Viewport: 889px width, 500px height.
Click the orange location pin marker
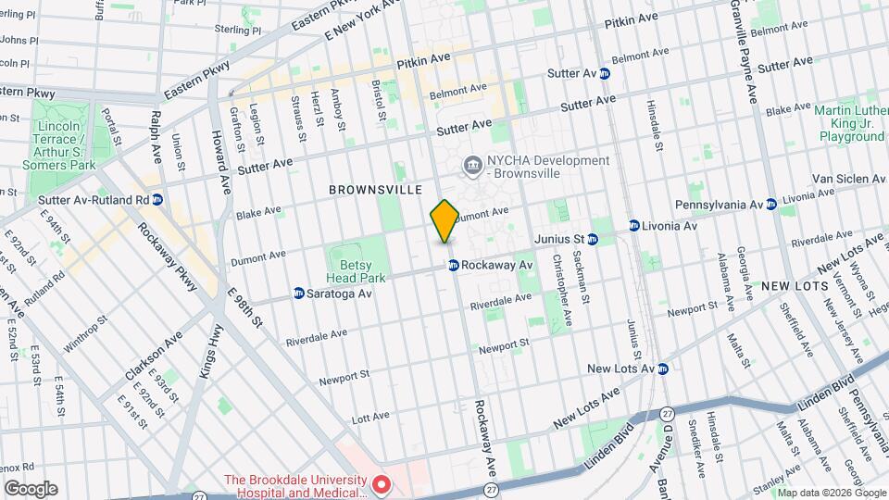click(x=444, y=220)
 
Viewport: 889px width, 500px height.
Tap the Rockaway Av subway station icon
click(x=454, y=265)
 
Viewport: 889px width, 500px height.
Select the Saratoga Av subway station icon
click(x=299, y=294)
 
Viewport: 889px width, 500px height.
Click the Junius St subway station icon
click(x=593, y=239)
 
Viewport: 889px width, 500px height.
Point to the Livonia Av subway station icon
click(x=634, y=225)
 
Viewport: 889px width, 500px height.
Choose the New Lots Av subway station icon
click(x=663, y=369)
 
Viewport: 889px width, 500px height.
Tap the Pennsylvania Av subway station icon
click(x=770, y=204)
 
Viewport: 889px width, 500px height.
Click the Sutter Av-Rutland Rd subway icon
click(x=157, y=199)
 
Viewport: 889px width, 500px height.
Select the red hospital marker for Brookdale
click(x=380, y=484)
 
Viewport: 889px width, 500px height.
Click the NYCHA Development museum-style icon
click(x=473, y=166)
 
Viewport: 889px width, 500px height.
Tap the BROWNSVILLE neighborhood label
click(x=375, y=190)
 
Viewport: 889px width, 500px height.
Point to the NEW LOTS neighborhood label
click(x=794, y=287)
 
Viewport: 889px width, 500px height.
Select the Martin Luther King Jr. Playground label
click(x=850, y=123)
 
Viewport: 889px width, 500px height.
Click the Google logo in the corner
click(x=31, y=488)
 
